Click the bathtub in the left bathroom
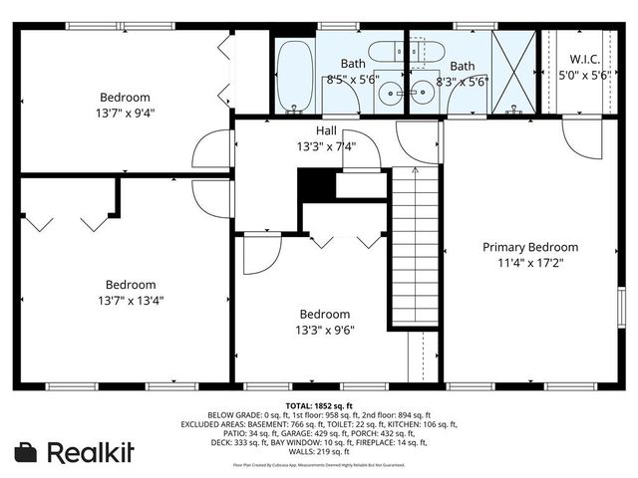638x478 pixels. coord(293,76)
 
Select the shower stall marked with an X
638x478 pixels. coord(514,72)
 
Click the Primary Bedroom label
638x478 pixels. coord(530,247)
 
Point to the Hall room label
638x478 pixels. coord(326,130)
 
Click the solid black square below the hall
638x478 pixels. coord(316,186)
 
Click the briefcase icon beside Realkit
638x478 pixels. coord(26,452)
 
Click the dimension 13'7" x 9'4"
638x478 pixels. coord(126,113)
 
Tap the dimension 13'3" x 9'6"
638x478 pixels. coord(324,330)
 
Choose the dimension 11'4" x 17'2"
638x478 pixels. coord(530,263)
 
